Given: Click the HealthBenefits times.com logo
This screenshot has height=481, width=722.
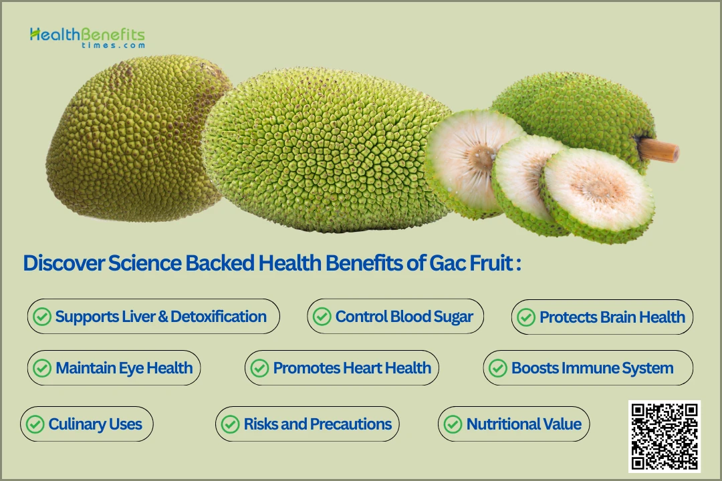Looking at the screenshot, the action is (x=88, y=37).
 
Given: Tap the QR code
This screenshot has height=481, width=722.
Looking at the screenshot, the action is (x=664, y=436).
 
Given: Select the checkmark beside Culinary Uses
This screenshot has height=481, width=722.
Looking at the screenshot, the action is (x=35, y=424).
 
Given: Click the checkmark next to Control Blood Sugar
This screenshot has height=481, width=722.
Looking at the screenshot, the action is (x=322, y=317).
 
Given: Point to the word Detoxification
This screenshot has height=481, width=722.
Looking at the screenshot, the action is (x=218, y=317).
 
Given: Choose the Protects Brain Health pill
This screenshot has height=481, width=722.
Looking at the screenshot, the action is (x=602, y=317).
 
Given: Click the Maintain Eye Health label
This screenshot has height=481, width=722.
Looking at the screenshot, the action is (x=124, y=368).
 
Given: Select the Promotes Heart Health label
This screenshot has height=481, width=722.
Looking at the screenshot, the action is (x=352, y=368).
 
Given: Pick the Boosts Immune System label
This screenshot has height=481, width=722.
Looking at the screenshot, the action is (x=592, y=368).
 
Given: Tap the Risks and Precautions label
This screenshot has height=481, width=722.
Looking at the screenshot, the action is (x=318, y=424).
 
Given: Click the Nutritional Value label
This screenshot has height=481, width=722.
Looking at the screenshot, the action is (x=524, y=424).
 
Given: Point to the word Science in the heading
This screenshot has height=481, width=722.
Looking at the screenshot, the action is (x=145, y=263).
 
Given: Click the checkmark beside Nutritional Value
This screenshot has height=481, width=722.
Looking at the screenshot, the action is (x=453, y=424).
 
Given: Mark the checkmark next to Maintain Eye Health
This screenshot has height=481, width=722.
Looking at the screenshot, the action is (x=42, y=368).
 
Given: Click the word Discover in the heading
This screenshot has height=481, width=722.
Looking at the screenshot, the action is (x=64, y=263).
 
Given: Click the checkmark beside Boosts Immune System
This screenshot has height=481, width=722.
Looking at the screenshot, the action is (x=498, y=368).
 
